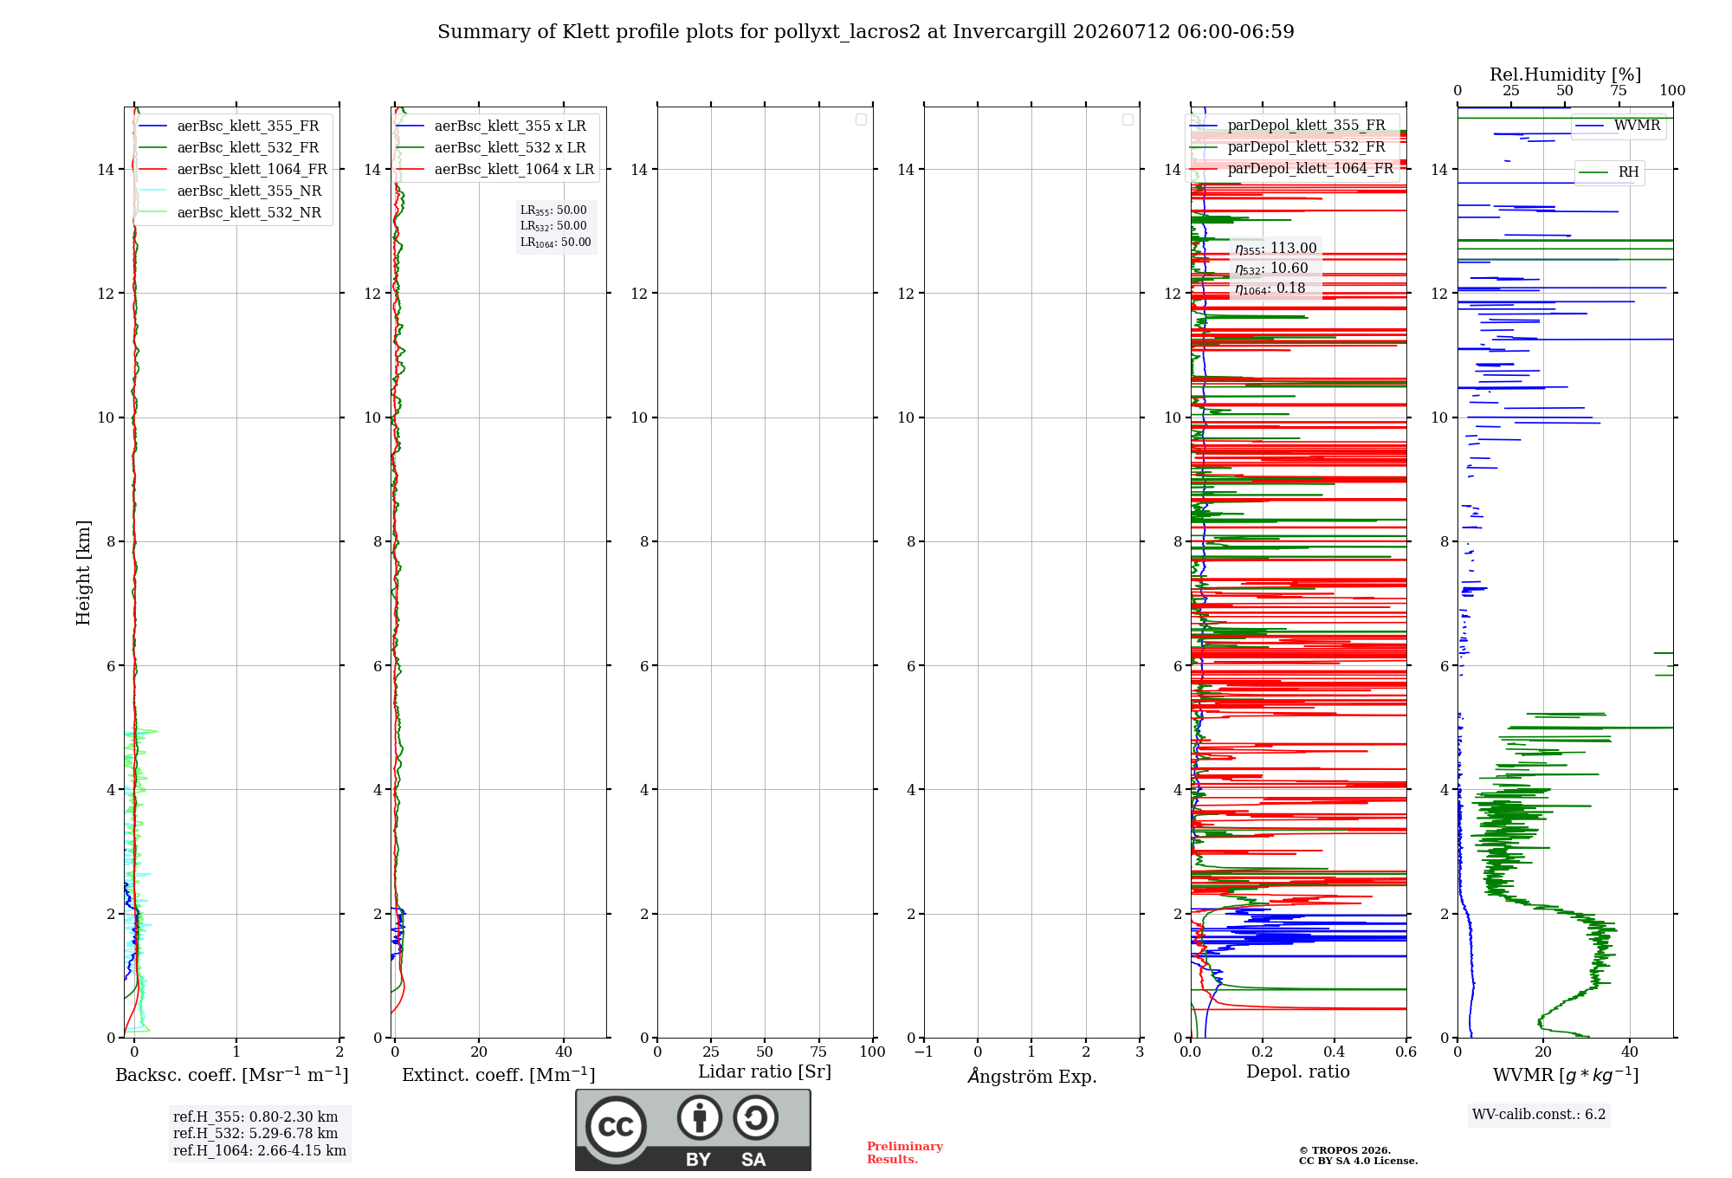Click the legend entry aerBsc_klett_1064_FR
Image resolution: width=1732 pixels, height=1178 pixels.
[233, 169]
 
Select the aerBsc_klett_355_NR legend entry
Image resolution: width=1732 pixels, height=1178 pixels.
[229, 191]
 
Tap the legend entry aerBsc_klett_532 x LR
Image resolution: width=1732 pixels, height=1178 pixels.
[491, 147]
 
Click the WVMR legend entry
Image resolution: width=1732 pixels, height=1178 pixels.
[1618, 126]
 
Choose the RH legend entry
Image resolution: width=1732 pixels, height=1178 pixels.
[1609, 172]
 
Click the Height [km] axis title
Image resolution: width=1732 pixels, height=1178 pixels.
[83, 573]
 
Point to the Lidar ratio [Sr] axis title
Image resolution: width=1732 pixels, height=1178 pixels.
[765, 1071]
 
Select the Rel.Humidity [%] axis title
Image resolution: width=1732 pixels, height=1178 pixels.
[1566, 74]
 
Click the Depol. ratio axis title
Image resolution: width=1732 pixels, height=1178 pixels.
[1298, 1071]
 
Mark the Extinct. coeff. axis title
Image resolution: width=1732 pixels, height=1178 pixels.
[499, 1075]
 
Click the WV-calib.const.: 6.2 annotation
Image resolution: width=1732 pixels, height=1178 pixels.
[1539, 1115]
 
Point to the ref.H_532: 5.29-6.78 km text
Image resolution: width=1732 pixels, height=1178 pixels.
[255, 1133]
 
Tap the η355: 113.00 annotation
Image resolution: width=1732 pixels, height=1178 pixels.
[1276, 249]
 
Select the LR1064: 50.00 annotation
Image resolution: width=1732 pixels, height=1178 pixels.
[556, 243]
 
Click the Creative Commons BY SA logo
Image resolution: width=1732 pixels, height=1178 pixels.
[693, 1129]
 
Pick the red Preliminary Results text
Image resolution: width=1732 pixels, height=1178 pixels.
[905, 1153]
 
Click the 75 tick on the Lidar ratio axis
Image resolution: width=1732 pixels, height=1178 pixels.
[818, 1052]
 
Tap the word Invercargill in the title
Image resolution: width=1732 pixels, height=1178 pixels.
[1010, 32]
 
